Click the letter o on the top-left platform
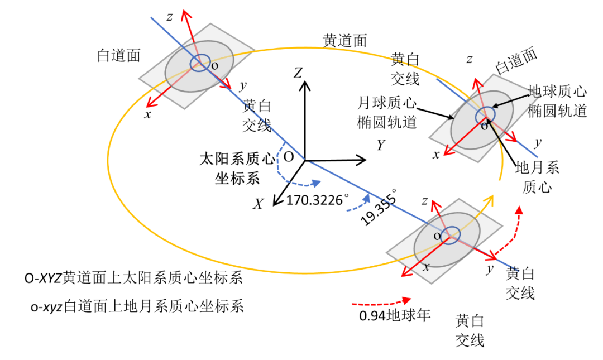pyautogui.click(x=214, y=66)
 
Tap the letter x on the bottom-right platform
pyautogui.click(x=427, y=267)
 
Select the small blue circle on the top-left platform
pyautogui.click(x=200, y=63)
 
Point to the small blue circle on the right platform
pyautogui.click(x=485, y=116)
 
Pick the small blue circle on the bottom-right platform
pyautogui.click(x=450, y=235)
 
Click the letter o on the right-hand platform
pyautogui.click(x=484, y=127)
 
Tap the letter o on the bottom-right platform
pyautogui.click(x=437, y=237)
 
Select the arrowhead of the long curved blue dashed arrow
pyautogui.click(x=317, y=183)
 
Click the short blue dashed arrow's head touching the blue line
pyautogui.click(x=367, y=198)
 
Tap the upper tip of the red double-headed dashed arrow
pyautogui.click(x=519, y=209)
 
